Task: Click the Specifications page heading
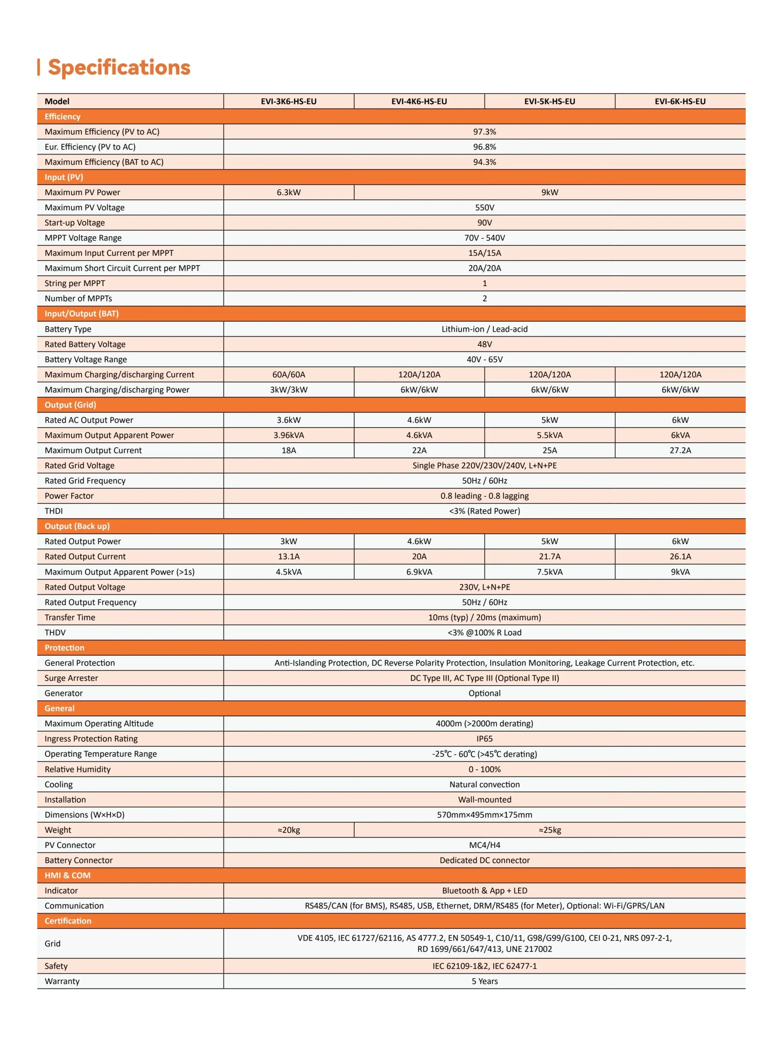click(119, 67)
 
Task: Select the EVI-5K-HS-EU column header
click(549, 101)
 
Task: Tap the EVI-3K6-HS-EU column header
click(288, 101)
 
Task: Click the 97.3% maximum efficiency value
click(484, 132)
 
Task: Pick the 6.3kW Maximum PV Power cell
click(288, 192)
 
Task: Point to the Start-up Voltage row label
click(74, 223)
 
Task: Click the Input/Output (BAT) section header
click(81, 314)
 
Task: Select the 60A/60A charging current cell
click(288, 375)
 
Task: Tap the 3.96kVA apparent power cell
click(288, 435)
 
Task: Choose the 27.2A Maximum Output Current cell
click(680, 450)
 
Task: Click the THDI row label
click(54, 511)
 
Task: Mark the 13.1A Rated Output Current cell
click(288, 556)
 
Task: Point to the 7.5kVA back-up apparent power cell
click(549, 572)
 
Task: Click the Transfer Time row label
click(70, 617)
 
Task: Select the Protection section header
click(64, 648)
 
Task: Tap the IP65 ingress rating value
click(484, 739)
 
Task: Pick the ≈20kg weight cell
click(288, 830)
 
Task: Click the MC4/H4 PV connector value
click(484, 845)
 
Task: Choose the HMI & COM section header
click(67, 875)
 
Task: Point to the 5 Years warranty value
click(484, 981)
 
